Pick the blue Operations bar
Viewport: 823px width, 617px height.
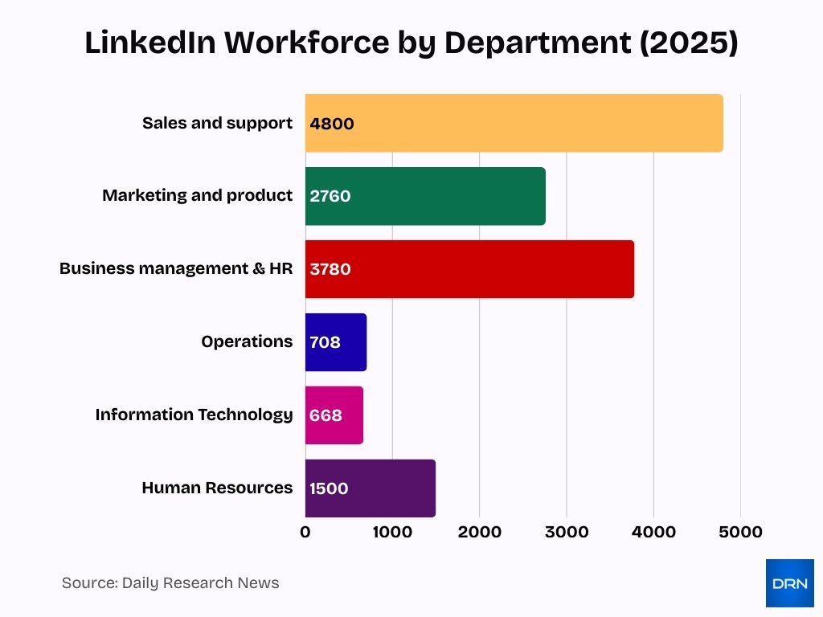354,342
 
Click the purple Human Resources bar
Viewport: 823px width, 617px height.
386,488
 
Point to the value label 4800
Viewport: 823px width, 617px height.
332,124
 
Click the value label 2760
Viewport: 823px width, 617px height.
330,196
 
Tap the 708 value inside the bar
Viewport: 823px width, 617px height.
326,342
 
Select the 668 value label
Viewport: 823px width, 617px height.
326,415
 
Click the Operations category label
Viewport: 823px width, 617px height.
247,341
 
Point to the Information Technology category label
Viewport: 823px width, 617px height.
194,415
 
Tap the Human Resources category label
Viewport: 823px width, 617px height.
217,488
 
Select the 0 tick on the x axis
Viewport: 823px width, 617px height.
305,532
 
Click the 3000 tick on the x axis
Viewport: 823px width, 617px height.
567,532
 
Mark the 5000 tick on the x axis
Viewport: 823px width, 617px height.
740,532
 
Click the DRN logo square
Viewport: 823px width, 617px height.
789,583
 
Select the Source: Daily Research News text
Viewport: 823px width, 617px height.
170,583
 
